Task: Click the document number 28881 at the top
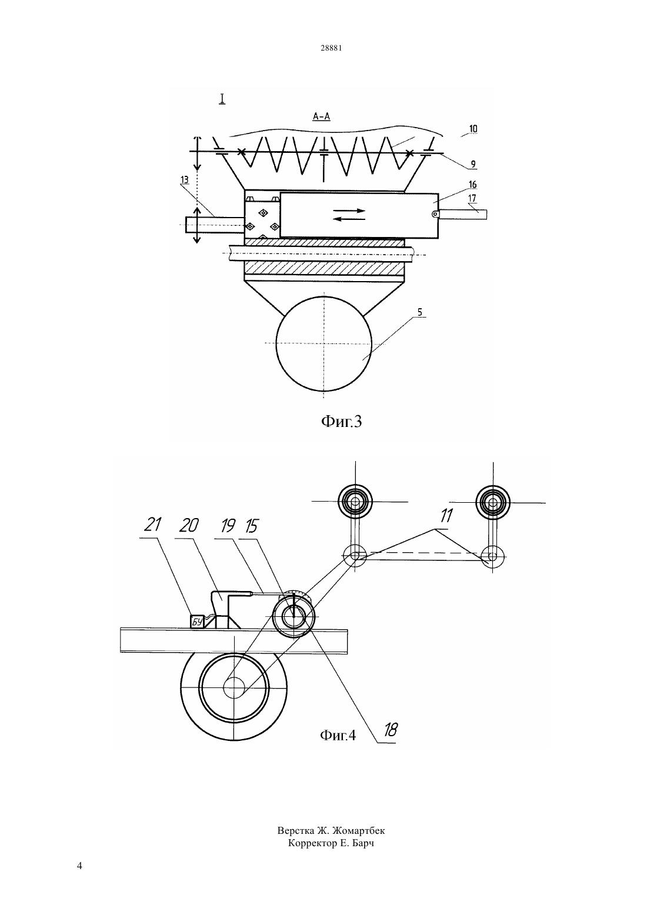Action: (331, 48)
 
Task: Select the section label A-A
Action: (322, 117)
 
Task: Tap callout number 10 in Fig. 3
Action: (473, 129)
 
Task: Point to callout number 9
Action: (473, 165)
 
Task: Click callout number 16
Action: (472, 185)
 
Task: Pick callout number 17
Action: (472, 199)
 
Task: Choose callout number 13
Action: (184, 180)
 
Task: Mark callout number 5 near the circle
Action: (420, 312)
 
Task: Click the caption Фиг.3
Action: (342, 421)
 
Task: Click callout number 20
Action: (189, 525)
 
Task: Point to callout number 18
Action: (391, 730)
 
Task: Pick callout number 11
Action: (446, 516)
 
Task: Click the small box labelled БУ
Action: (198, 622)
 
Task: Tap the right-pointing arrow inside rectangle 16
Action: (349, 211)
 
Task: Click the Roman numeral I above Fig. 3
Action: (222, 99)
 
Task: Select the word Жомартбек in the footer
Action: (359, 831)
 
